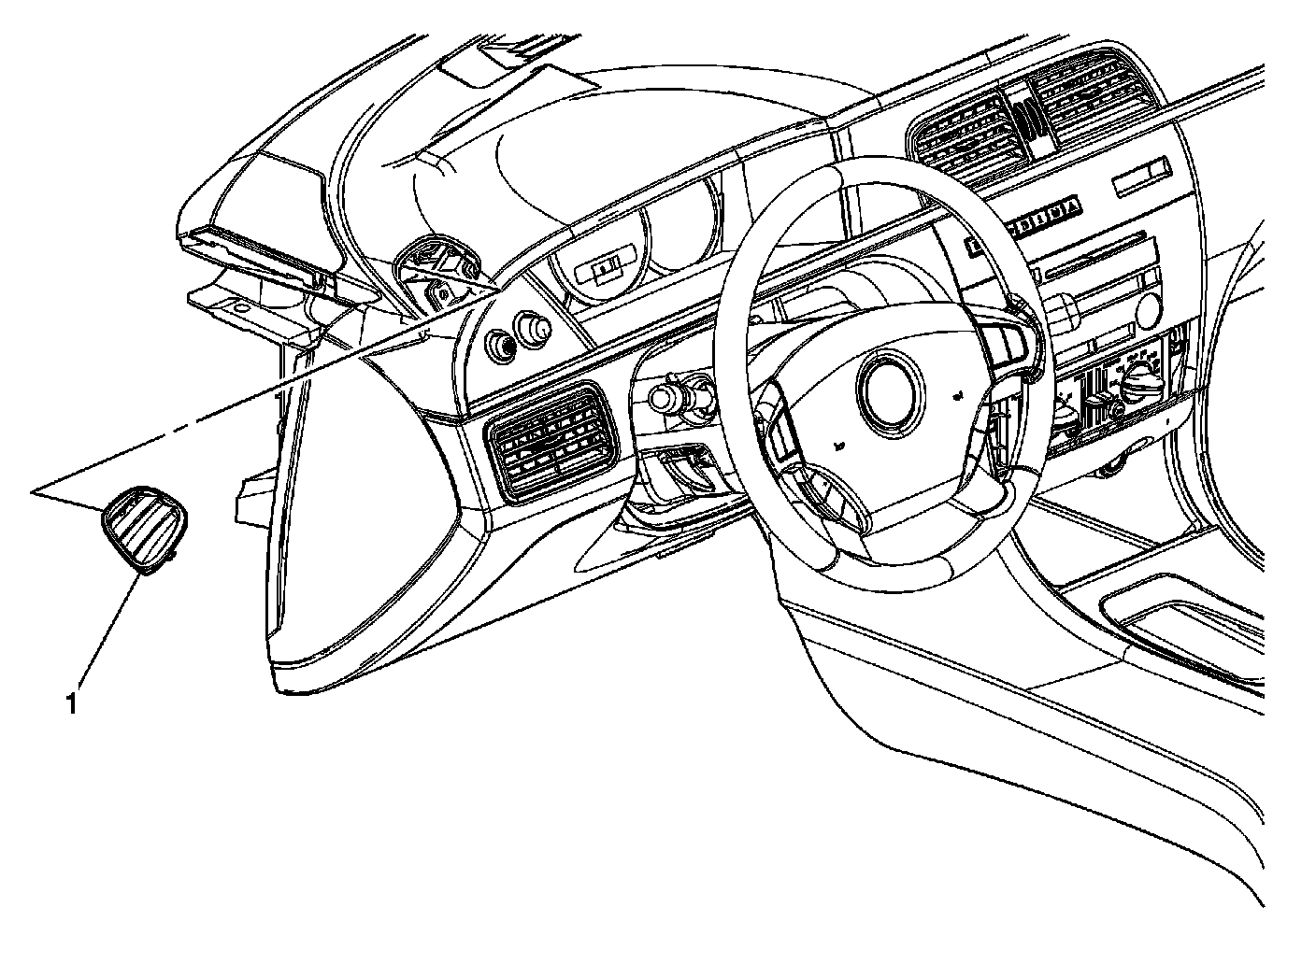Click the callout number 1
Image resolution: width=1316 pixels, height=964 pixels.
coord(71,702)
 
